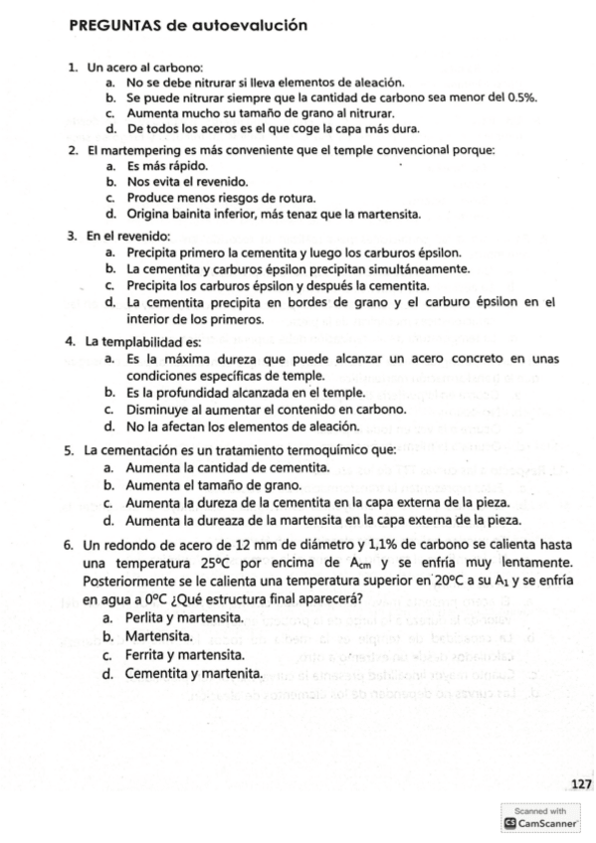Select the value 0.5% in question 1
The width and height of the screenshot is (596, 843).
point(522,98)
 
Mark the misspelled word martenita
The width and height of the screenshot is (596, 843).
point(234,673)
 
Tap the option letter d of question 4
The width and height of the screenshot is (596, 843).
point(108,427)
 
